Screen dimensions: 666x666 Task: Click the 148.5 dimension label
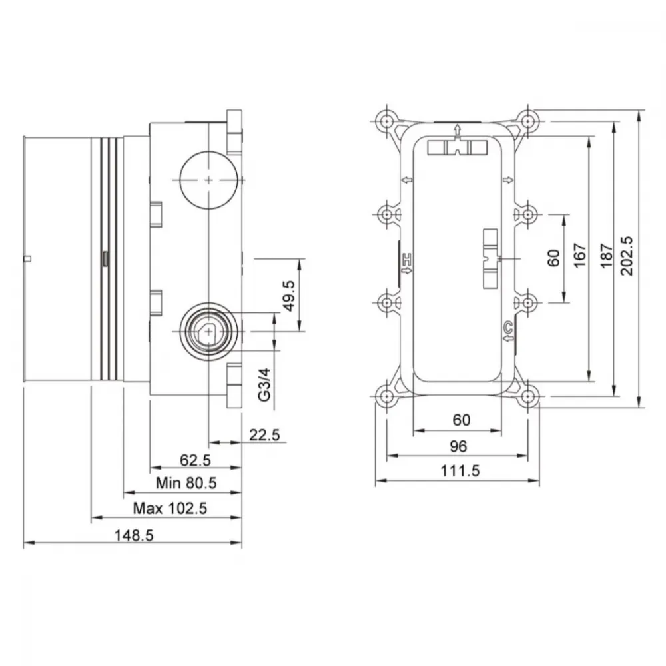coord(134,535)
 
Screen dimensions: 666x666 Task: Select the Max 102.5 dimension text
coord(170,508)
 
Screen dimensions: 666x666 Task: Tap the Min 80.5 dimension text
coord(186,483)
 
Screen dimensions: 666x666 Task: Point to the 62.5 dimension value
coord(195,460)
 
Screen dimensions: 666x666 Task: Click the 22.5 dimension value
coord(264,435)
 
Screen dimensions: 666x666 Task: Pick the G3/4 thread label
coord(264,385)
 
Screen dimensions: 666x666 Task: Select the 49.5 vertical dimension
coord(289,296)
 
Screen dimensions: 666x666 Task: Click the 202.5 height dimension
coord(627,256)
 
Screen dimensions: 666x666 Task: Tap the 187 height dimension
coord(607,256)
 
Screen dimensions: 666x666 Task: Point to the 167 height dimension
coord(580,255)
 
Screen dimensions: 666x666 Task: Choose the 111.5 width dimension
coord(460,471)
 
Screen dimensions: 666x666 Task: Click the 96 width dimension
coord(458,446)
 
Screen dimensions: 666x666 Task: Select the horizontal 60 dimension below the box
coord(462,420)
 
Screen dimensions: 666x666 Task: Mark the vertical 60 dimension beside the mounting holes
coord(554,258)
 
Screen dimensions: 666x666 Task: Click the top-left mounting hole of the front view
coord(386,121)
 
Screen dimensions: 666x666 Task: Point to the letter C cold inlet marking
coord(508,327)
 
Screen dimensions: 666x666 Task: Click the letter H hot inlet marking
coord(407,258)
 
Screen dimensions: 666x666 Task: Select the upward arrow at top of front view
coord(457,129)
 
